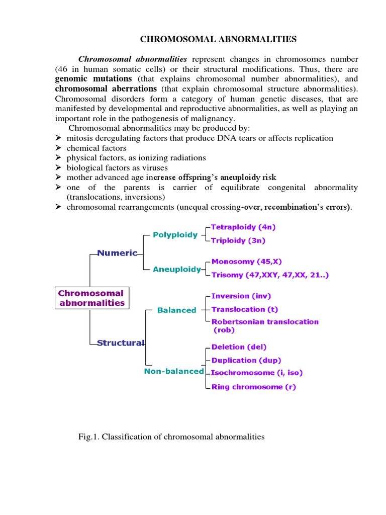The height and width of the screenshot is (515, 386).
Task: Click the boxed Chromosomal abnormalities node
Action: click(x=91, y=298)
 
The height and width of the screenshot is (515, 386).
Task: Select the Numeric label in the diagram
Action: click(x=117, y=253)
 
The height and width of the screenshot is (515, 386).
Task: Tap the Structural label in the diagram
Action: click(x=121, y=343)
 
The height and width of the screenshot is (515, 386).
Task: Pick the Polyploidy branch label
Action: click(x=175, y=235)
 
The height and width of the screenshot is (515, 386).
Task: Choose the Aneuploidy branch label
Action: click(x=177, y=270)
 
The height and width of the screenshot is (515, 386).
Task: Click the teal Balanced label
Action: click(x=176, y=310)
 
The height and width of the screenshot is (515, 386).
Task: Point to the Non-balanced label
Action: click(x=174, y=371)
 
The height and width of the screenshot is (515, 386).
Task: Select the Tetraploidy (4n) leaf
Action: click(x=243, y=227)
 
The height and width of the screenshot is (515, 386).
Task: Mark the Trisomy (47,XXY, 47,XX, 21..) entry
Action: click(x=270, y=275)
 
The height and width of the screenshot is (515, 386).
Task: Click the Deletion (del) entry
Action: click(x=239, y=347)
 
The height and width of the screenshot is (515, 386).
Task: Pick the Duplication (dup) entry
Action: click(x=246, y=360)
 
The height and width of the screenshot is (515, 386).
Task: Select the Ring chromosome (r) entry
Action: click(x=254, y=387)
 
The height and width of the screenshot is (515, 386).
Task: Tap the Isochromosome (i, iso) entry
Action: click(x=257, y=373)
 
